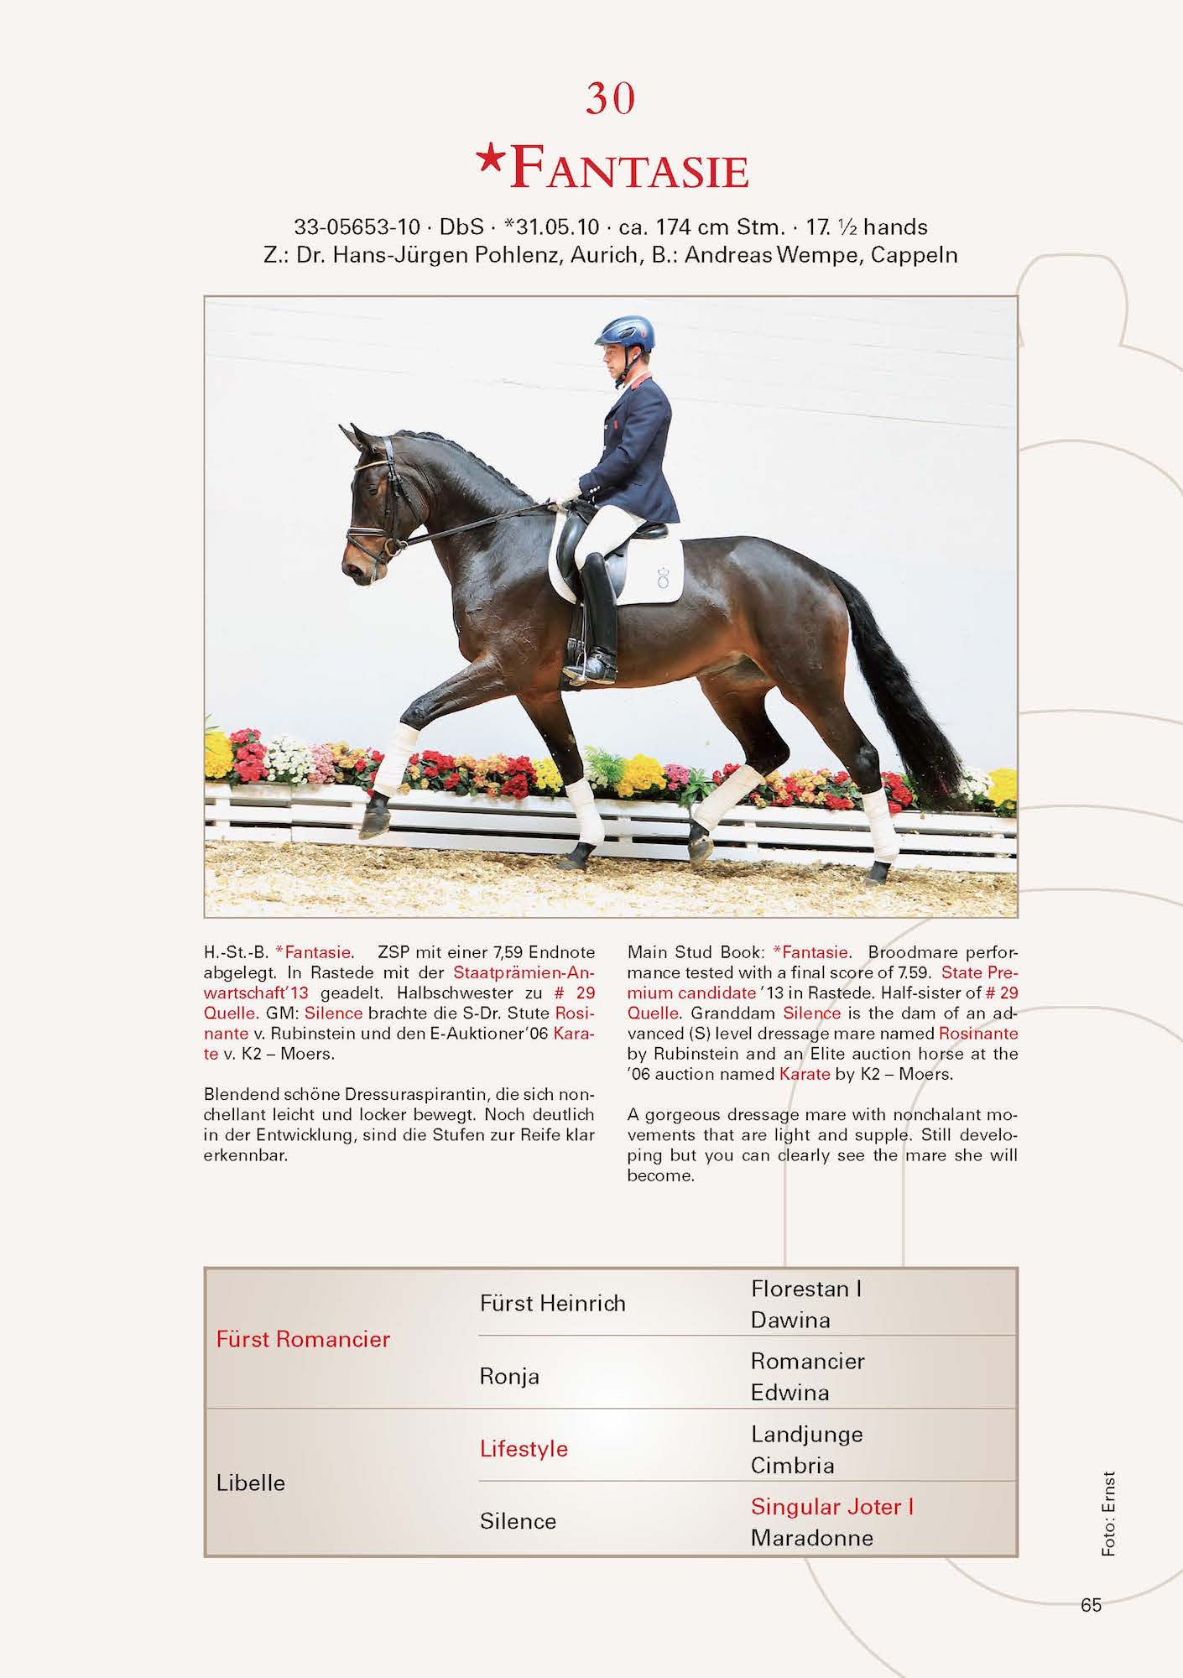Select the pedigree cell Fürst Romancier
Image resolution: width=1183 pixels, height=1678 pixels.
(303, 1339)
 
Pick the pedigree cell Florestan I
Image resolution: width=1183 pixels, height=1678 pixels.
(805, 1289)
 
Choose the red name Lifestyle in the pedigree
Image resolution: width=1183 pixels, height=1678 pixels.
(524, 1449)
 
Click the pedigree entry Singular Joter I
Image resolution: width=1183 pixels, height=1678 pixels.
(831, 1507)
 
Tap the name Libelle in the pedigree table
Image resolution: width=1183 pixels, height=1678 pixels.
(251, 1483)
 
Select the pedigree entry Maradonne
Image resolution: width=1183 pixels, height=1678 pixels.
(811, 1538)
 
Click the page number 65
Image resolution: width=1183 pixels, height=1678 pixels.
(1091, 1605)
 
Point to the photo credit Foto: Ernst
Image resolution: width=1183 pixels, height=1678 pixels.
(1109, 1514)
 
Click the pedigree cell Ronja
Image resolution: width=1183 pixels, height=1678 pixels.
(509, 1376)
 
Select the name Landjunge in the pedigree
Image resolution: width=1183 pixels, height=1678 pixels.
(806, 1434)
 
